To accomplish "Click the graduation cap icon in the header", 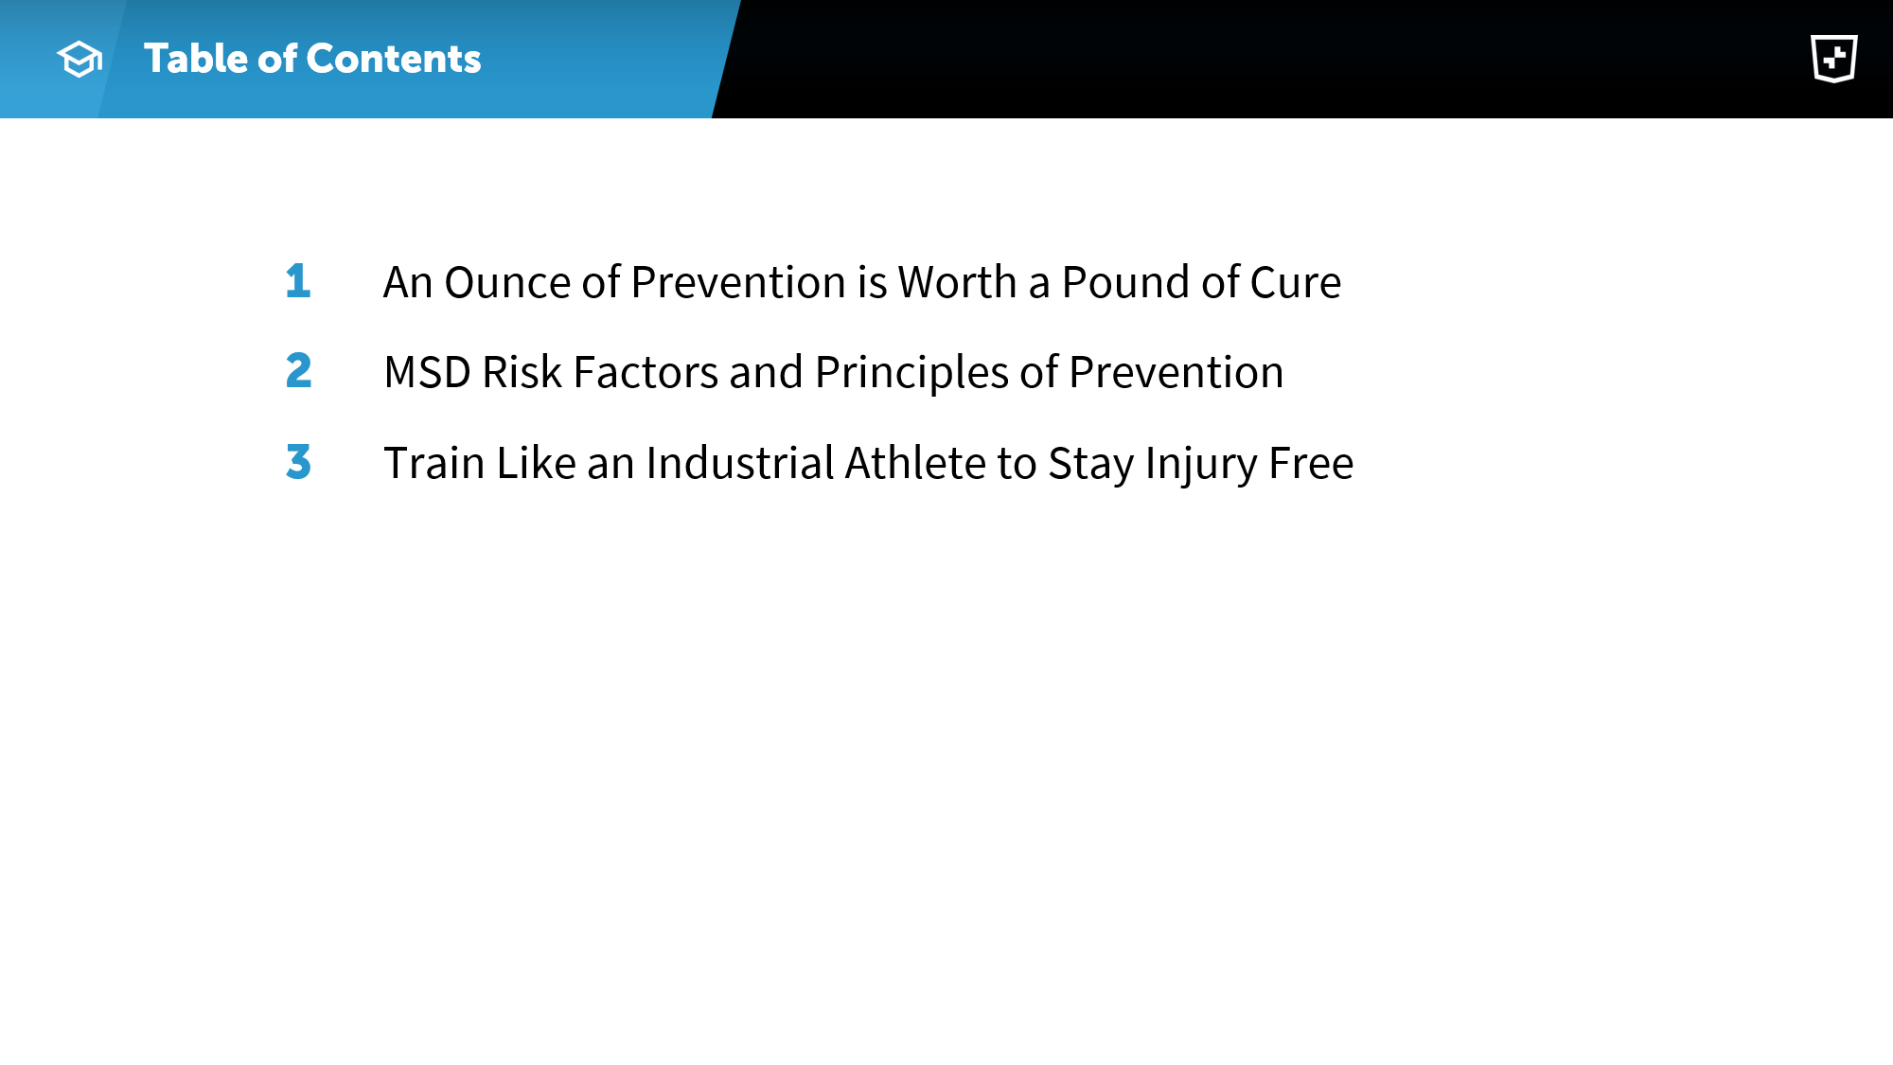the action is tap(80, 60).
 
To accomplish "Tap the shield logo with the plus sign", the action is tap(1834, 59).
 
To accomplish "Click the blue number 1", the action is tap(298, 281).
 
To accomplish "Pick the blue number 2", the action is tap(298, 371).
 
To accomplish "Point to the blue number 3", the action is tap(298, 462).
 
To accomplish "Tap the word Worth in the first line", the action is tap(957, 282).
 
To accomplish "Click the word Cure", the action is tap(1295, 282).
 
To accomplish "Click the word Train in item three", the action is tap(434, 463).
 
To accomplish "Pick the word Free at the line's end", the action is tap(1311, 463).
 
